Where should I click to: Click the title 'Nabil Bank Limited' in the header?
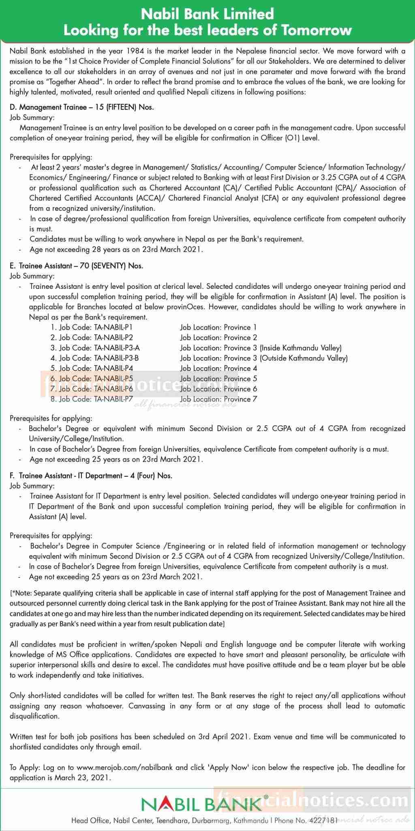[207, 15]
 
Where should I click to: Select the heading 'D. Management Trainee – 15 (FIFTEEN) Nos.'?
[82, 108]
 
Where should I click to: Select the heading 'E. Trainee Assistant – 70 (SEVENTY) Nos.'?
[77, 266]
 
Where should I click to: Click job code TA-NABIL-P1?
[113, 327]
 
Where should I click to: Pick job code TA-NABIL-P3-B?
[116, 358]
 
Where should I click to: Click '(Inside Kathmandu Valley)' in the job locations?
[300, 348]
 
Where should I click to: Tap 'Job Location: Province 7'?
[218, 399]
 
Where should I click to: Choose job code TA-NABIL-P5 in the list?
[113, 379]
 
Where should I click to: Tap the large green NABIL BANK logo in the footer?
[201, 803]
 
